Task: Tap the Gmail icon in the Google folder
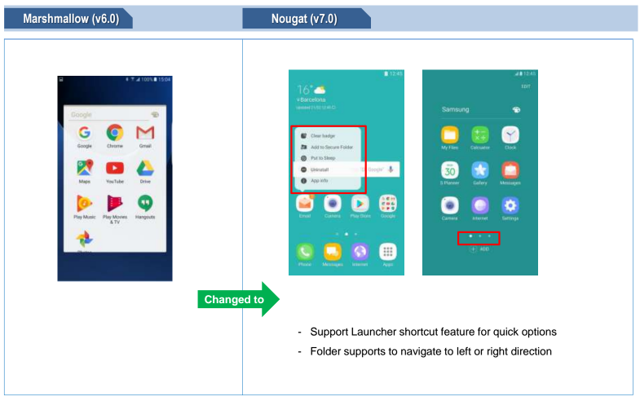145,132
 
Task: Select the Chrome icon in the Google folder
115,132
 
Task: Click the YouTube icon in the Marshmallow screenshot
115,170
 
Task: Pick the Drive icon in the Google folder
145,170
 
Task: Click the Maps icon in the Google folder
84,170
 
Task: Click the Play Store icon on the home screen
360,204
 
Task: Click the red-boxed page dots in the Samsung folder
479,238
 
